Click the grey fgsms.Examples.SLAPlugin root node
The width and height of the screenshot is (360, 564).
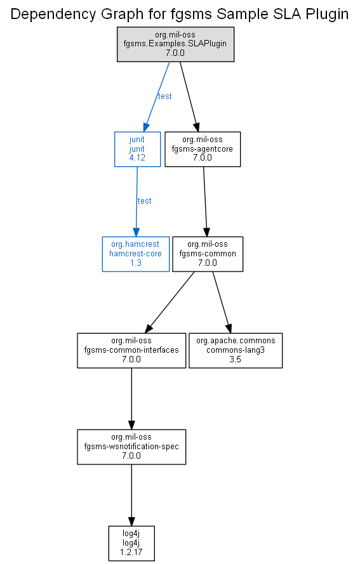175,44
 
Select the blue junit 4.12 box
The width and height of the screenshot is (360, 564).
138,149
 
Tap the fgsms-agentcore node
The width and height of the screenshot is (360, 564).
203,149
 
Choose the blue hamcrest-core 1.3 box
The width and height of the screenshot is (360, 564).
136,254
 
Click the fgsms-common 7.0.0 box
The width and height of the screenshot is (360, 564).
208,254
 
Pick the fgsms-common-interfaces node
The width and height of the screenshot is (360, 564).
131,350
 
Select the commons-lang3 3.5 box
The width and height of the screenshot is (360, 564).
236,350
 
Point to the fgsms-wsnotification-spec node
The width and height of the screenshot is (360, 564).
131,447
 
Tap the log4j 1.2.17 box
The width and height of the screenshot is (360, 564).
131,543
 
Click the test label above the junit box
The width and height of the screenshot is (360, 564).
165,96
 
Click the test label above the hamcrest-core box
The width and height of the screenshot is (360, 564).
144,201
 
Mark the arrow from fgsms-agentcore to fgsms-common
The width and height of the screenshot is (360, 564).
205,202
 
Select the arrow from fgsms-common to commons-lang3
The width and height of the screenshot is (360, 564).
222,302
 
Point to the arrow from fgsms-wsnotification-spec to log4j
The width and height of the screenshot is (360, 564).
131,495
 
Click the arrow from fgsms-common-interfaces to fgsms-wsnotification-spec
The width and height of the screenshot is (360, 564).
131,399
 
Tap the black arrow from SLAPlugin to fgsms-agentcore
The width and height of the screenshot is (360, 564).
189,97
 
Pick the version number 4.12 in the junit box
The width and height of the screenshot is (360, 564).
137,157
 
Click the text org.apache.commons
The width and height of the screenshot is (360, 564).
236,341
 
